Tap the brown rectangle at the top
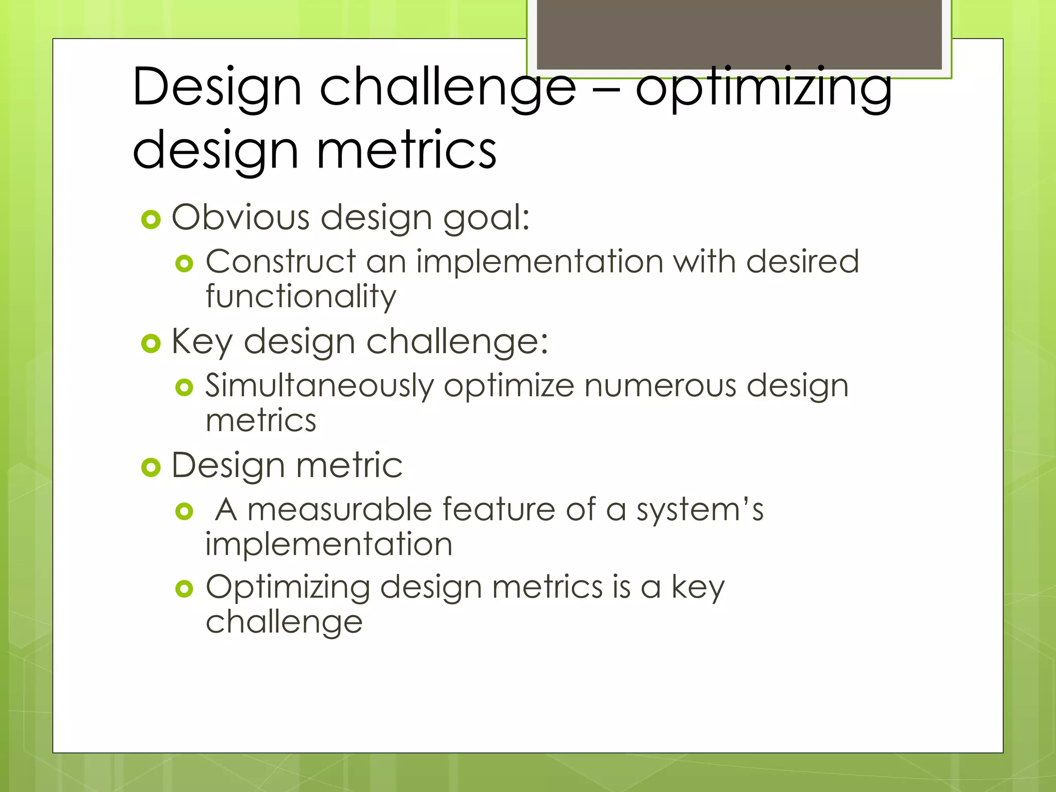coord(739,33)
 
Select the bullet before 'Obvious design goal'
coord(151,220)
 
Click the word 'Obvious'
coord(241,217)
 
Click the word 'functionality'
coord(301,298)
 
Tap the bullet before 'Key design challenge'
coord(151,343)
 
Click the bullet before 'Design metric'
coord(151,468)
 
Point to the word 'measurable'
coord(339,510)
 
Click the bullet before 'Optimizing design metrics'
coord(184,588)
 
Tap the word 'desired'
coord(802,261)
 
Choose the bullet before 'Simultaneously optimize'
coord(184,387)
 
